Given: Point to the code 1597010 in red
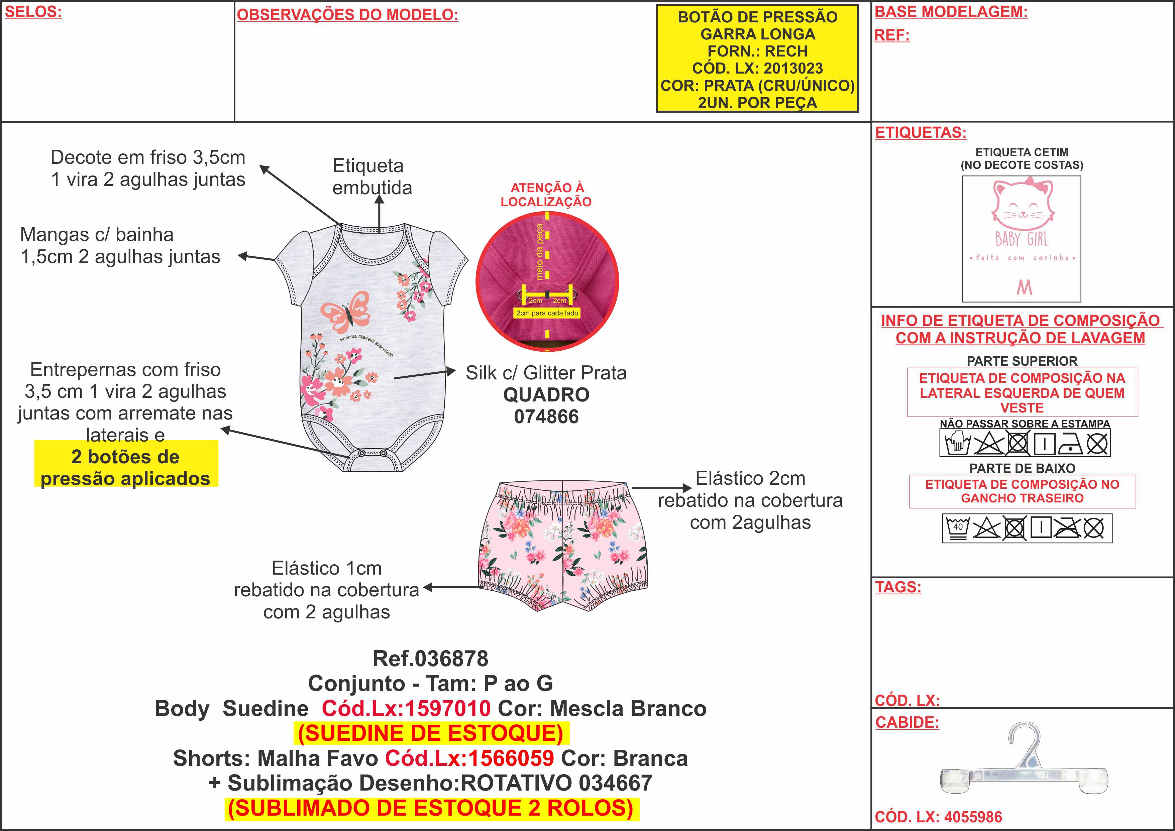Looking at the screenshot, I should (x=448, y=709).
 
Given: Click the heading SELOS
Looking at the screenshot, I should (x=33, y=12).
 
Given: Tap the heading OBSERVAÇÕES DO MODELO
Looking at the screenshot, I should (x=347, y=15).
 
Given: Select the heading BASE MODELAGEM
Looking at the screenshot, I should (x=951, y=12).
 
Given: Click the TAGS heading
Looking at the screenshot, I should (x=898, y=587).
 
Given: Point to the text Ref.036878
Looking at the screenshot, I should (x=430, y=659).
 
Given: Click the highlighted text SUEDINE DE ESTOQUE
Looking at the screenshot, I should (x=430, y=733).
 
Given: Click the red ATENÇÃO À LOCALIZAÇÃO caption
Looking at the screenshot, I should (x=546, y=195).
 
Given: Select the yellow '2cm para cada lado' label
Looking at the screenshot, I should (x=547, y=313).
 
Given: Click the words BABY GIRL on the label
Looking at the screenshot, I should (x=1022, y=239).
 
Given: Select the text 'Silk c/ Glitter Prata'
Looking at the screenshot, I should (x=546, y=373).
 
